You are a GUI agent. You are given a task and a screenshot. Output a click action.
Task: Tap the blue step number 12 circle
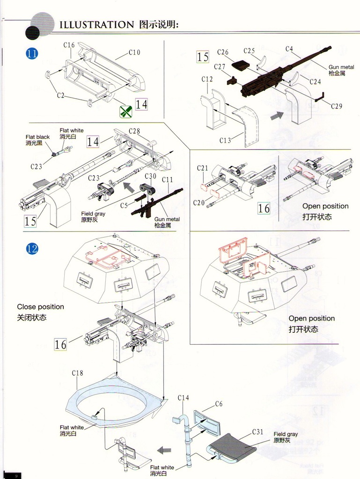pyautogui.click(x=32, y=248)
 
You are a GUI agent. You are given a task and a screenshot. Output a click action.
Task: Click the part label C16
pyautogui.click(x=69, y=45)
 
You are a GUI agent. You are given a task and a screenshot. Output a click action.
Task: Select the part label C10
pyautogui.click(x=134, y=53)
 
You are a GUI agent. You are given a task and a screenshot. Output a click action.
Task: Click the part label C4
pyautogui.click(x=289, y=49)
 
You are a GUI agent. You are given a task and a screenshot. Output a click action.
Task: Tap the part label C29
pyautogui.click(x=337, y=106)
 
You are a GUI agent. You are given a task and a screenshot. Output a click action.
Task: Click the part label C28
pyautogui.click(x=134, y=131)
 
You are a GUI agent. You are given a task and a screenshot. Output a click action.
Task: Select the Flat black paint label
pyautogui.click(x=37, y=137)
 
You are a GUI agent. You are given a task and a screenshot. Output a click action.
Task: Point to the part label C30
pyautogui.click(x=150, y=176)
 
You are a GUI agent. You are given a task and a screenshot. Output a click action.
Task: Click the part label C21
pyautogui.click(x=202, y=168)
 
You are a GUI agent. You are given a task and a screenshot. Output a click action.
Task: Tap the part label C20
pyautogui.click(x=199, y=203)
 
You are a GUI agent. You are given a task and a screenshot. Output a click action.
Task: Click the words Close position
pyautogui.click(x=40, y=307)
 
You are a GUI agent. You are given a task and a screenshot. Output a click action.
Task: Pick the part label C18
pyautogui.click(x=78, y=373)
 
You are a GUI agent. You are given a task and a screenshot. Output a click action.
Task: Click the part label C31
pyautogui.click(x=258, y=432)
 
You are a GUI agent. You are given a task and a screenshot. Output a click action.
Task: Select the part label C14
pyautogui.click(x=184, y=398)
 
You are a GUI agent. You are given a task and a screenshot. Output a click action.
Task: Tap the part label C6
pyautogui.click(x=219, y=404)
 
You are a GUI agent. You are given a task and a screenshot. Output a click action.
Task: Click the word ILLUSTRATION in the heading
pyautogui.click(x=96, y=25)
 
